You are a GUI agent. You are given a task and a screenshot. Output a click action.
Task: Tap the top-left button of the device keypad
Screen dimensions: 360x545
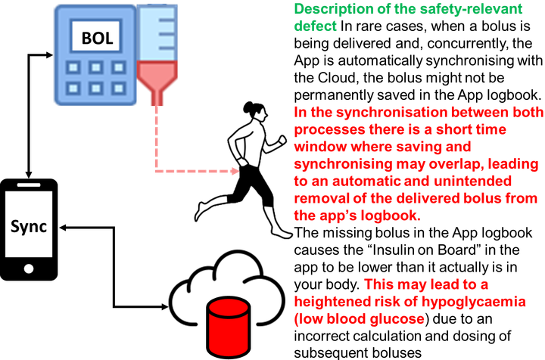click(73, 67)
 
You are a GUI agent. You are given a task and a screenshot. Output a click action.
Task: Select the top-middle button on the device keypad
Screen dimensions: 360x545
click(95, 67)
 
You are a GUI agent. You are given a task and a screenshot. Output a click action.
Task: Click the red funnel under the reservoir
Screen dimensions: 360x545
click(157, 82)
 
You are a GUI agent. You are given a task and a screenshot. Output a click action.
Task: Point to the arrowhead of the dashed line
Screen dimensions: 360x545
click(235, 172)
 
